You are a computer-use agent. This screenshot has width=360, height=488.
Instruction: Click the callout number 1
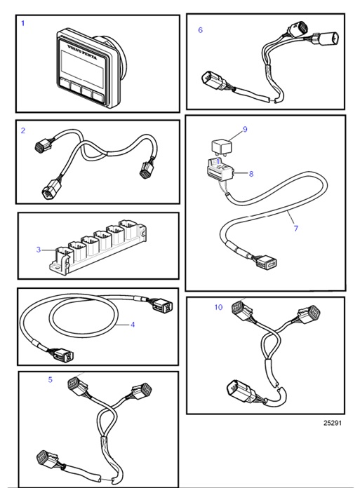[x=22, y=23]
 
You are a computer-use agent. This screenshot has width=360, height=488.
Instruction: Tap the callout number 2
[x=23, y=130]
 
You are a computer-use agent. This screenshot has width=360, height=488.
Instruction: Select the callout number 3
[x=39, y=249]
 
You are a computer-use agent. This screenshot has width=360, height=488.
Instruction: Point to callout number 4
[x=132, y=325]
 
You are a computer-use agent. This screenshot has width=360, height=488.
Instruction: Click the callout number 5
[x=50, y=379]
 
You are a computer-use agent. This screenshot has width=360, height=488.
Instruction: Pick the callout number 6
[x=200, y=30]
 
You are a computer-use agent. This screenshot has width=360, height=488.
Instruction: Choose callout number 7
[x=295, y=229]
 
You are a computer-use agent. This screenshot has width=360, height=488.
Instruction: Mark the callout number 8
[x=251, y=172]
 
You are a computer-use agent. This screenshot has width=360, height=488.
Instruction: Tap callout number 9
[x=245, y=130]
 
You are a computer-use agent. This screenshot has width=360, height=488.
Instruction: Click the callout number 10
[x=218, y=307]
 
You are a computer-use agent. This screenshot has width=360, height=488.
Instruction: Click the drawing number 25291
[x=333, y=423]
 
